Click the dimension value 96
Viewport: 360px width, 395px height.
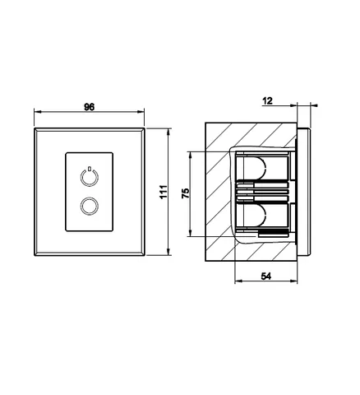pyautogui.click(x=90, y=107)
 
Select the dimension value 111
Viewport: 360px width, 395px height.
pyautogui.click(x=164, y=192)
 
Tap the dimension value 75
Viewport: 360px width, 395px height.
pyautogui.click(x=186, y=193)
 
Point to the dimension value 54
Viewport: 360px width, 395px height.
pyautogui.click(x=265, y=276)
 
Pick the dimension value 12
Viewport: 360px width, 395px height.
pyautogui.click(x=268, y=101)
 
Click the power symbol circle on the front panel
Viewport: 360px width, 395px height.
pyautogui.click(x=90, y=178)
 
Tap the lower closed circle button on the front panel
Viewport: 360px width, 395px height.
pyautogui.click(x=90, y=207)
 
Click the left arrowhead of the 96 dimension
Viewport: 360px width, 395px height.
pyautogui.click(x=37, y=112)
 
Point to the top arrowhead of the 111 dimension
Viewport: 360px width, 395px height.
pyautogui.click(x=168, y=132)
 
